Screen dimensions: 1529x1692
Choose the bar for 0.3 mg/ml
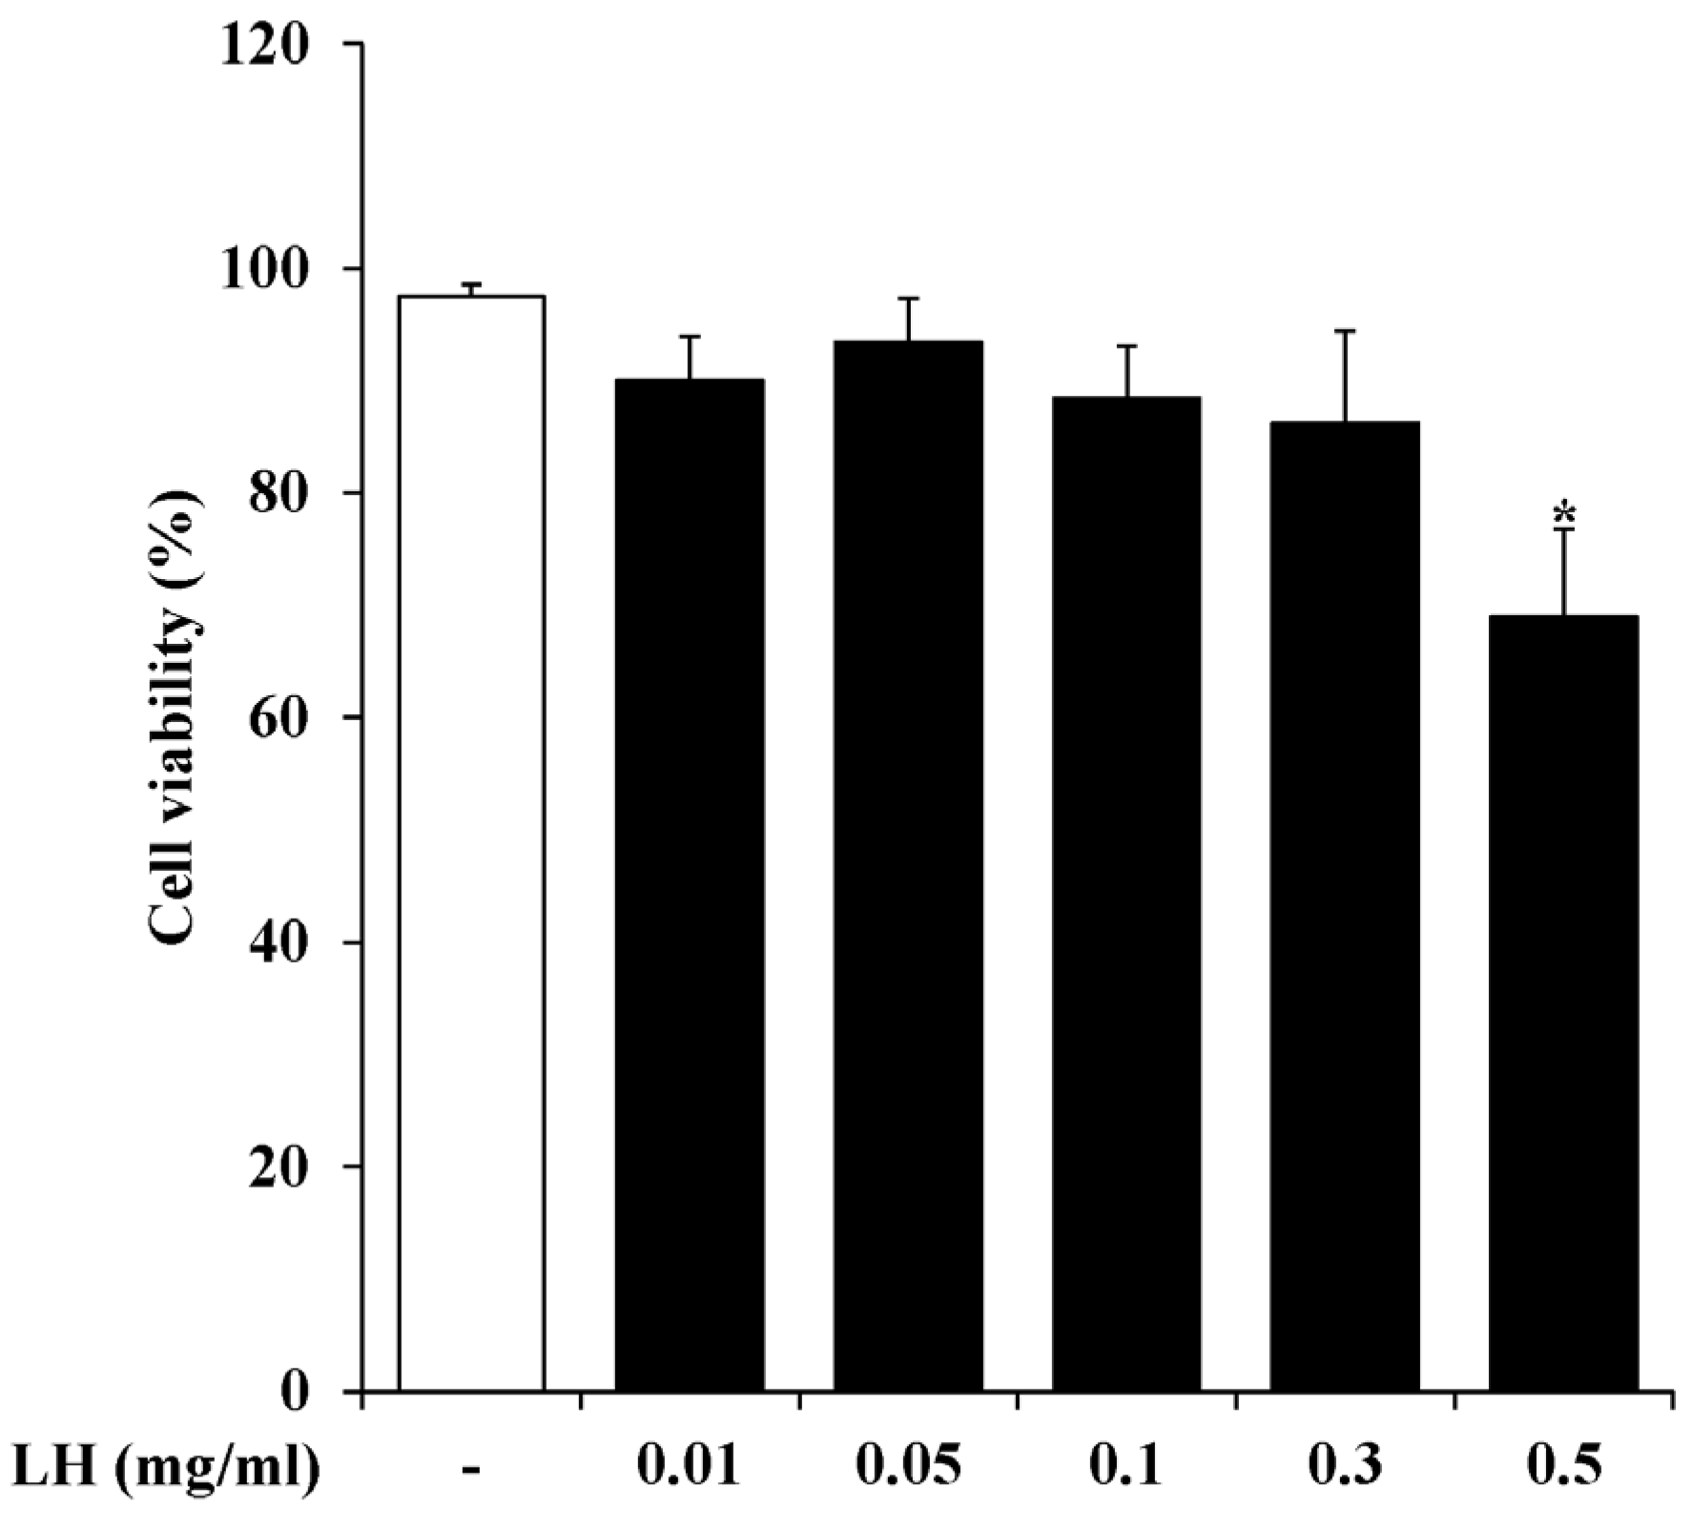[x=1345, y=905]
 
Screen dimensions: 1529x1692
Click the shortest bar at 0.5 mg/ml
[x=1563, y=1002]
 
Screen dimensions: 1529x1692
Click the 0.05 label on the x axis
[x=907, y=1470]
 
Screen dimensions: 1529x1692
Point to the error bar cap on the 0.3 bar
[x=1345, y=331]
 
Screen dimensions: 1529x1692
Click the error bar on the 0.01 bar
[x=691, y=357]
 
